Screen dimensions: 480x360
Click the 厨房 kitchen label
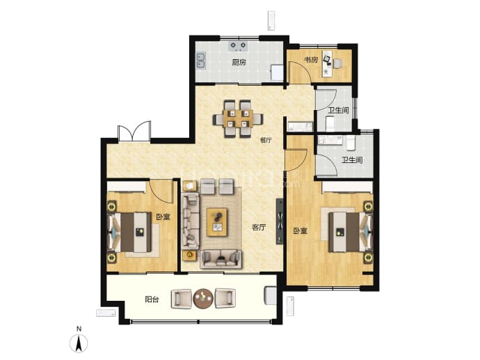(239, 63)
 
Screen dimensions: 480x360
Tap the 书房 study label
(311, 60)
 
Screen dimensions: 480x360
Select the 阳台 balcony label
(152, 299)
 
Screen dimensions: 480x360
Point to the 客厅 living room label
(259, 227)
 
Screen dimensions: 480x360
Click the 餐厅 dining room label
(266, 141)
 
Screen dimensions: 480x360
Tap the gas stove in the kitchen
(238, 46)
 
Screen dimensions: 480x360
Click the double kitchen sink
(201, 61)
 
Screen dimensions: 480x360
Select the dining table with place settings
(239, 118)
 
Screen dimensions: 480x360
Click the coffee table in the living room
(217, 222)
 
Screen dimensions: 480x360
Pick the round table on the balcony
(203, 299)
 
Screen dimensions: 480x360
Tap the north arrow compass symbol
(79, 343)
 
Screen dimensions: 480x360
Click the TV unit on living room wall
(280, 221)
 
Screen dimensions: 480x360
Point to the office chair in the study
(337, 63)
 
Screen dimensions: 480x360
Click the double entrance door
(134, 131)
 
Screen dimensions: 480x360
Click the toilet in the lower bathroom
(351, 143)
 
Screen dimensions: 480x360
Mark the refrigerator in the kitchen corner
(277, 72)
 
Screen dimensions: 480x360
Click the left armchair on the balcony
(182, 299)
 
